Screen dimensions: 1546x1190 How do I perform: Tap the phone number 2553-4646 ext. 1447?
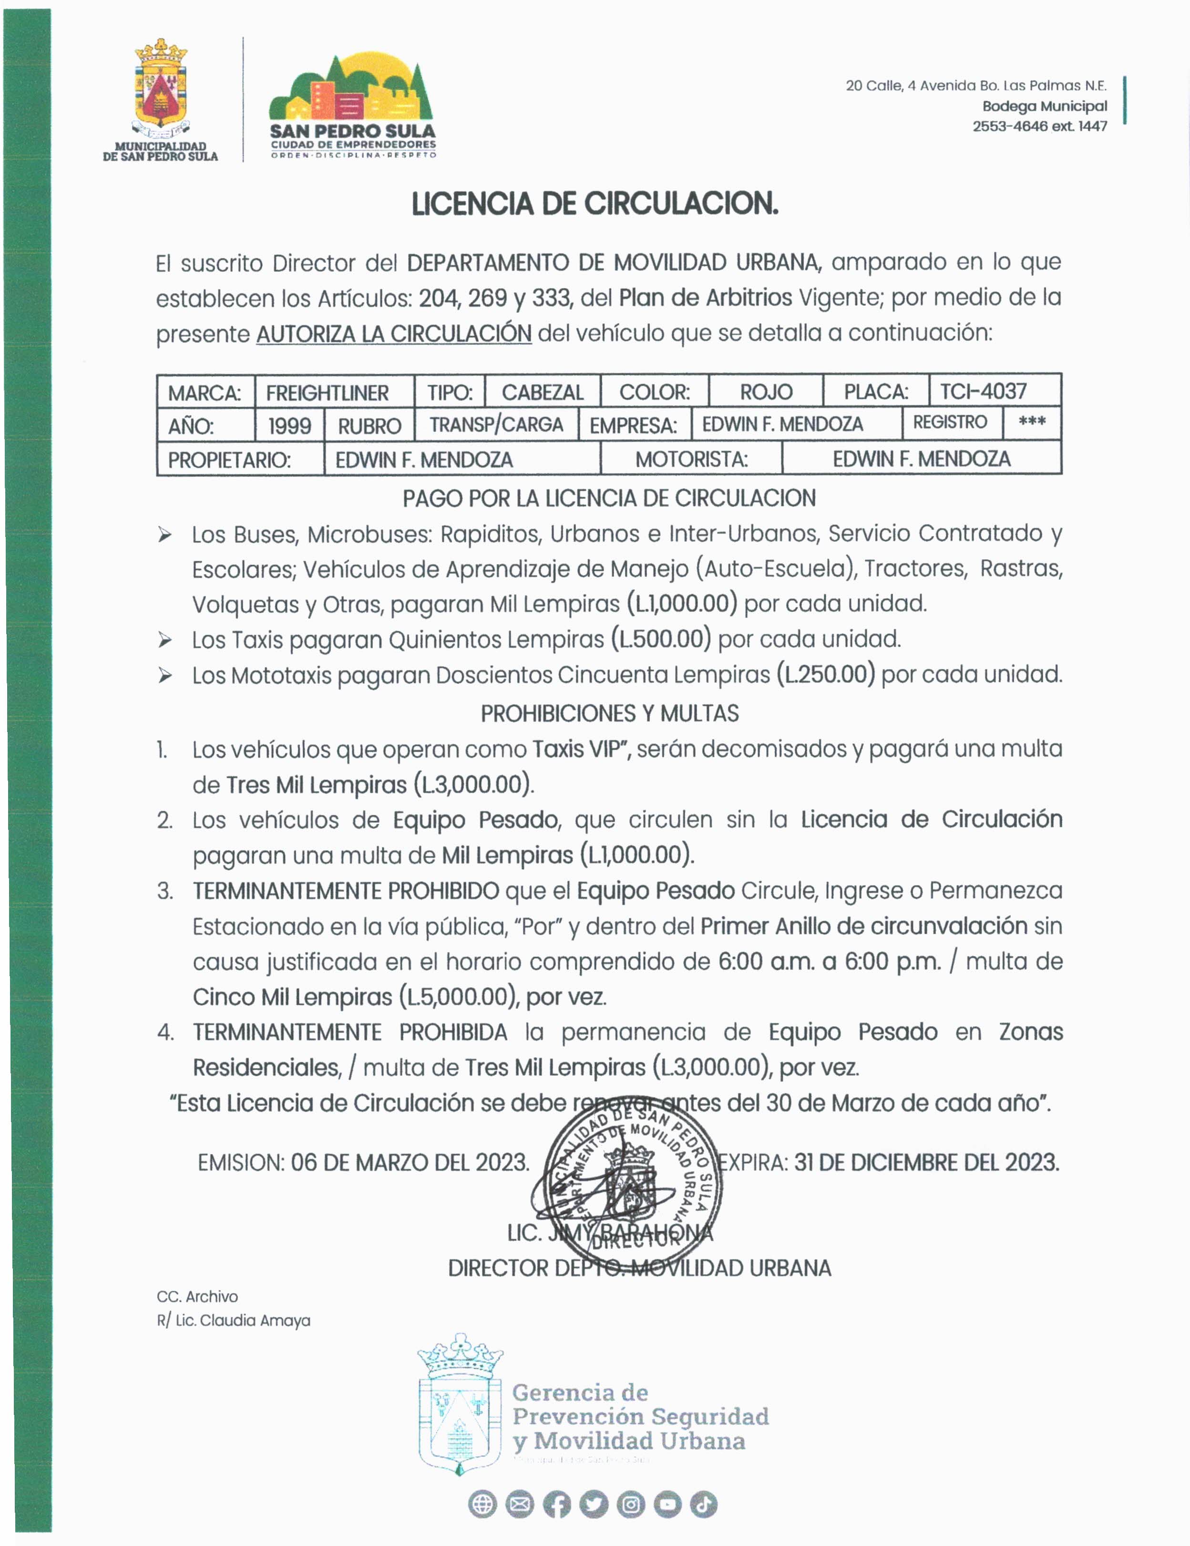(x=1039, y=126)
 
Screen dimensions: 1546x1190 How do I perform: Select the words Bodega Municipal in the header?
(x=1044, y=106)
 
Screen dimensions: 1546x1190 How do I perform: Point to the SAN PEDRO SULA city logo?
(x=352, y=106)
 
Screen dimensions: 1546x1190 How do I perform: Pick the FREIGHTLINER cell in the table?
(x=327, y=392)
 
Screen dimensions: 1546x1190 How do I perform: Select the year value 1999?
(x=289, y=425)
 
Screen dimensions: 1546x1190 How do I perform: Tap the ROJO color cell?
(x=766, y=392)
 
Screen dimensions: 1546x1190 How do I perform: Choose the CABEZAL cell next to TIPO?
(x=542, y=392)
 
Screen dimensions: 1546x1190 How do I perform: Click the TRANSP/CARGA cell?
(x=496, y=425)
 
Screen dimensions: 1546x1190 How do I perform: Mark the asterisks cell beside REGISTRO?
(x=1031, y=423)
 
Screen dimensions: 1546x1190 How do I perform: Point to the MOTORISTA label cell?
(x=691, y=459)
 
